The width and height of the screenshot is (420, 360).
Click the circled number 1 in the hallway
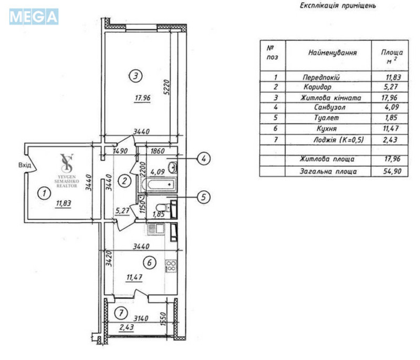[45, 193]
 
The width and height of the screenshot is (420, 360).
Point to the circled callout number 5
[204, 197]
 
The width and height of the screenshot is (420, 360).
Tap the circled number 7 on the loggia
[121, 314]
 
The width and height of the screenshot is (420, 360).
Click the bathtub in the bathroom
[161, 184]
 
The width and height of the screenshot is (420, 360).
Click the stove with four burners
[171, 266]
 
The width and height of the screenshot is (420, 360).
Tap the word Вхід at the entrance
[24, 166]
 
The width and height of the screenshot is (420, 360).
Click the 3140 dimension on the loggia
[141, 319]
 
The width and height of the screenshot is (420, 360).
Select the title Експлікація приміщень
[338, 7]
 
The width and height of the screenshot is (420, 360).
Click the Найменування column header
[332, 53]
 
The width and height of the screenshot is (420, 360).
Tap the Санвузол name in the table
[330, 107]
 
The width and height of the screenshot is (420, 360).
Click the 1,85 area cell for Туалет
[392, 118]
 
